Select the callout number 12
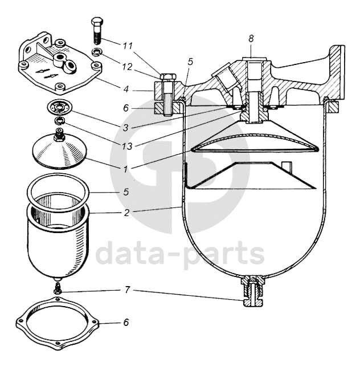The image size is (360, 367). [x=128, y=66]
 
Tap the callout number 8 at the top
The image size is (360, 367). [x=251, y=38]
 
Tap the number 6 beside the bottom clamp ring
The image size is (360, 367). [x=126, y=323]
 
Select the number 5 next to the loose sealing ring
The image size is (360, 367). [x=127, y=192]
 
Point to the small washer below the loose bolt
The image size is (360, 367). [x=98, y=54]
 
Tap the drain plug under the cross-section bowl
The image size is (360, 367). [x=251, y=290]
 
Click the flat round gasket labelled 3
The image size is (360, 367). [x=58, y=107]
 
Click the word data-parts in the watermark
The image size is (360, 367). [x=179, y=254]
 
